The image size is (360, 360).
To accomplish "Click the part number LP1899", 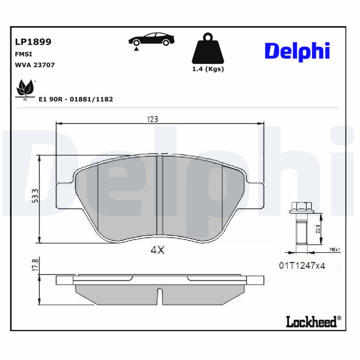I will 33,42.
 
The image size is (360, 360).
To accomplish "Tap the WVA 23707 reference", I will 35,65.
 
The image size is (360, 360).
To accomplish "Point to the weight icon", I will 207,49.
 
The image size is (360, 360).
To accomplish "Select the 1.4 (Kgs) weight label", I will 207,69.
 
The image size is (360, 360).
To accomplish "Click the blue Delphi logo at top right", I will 297,51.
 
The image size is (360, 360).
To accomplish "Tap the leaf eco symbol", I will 25,88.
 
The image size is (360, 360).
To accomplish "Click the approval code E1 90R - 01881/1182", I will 76,99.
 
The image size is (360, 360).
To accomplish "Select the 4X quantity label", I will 157,251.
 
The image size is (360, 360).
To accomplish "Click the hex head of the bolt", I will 301,208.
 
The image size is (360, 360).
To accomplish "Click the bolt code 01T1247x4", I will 301,265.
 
